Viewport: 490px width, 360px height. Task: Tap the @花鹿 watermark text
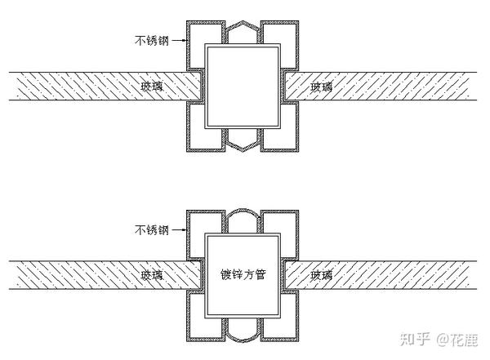pos(457,338)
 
